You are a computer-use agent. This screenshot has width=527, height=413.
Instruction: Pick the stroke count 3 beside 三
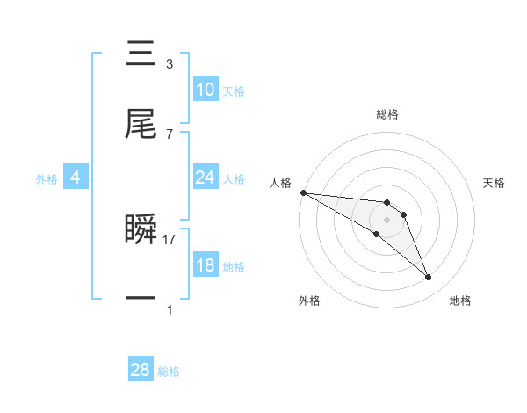coord(170,64)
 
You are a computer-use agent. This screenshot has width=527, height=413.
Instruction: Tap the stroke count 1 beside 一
coord(170,309)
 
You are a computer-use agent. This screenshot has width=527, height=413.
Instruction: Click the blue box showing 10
coord(205,90)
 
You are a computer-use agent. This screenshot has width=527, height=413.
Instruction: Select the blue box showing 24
coord(205,178)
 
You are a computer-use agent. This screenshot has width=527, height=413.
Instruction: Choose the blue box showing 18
coord(205,265)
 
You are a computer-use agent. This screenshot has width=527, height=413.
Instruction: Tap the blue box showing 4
coord(75,178)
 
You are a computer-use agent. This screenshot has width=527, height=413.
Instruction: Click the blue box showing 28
coord(140,370)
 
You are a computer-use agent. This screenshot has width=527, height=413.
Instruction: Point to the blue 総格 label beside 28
coord(169,372)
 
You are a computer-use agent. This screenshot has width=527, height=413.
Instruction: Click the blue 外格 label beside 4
coord(47,178)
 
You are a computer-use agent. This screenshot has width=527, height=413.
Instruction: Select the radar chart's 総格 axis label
coord(387,114)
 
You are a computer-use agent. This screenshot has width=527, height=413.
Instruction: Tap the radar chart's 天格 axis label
coord(495,183)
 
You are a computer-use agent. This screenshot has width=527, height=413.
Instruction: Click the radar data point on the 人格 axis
coord(303,192)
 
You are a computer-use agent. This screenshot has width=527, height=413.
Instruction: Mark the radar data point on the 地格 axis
coord(429,278)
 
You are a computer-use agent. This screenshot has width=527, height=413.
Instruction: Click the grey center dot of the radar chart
coord(386,220)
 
